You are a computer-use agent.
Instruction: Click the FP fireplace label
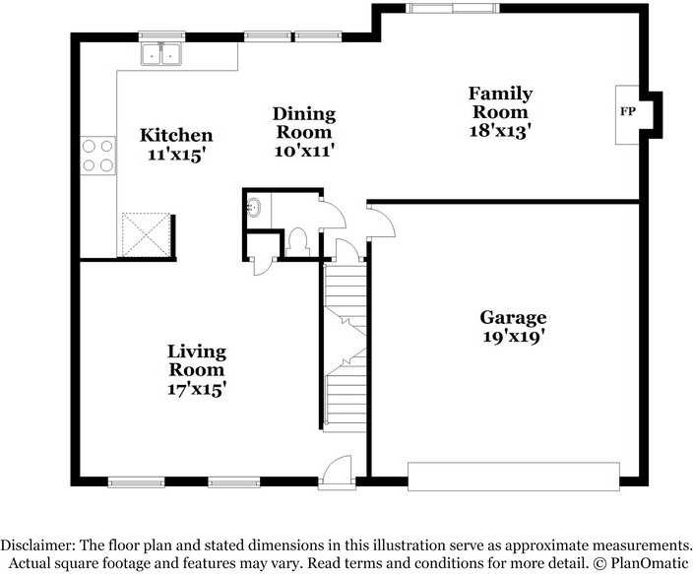628,111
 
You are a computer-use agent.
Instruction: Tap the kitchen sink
161,53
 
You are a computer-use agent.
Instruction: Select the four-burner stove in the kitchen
98,156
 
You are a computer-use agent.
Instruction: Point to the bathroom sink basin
254,208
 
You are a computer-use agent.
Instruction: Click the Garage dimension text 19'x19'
513,337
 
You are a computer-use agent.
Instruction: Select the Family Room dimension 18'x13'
500,130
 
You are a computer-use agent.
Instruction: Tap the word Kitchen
176,135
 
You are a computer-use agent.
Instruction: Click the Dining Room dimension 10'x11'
303,151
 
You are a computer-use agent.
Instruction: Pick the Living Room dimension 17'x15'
197,389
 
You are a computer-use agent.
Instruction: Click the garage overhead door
514,477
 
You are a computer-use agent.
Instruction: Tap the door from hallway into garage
381,222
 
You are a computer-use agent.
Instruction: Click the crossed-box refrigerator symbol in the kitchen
147,234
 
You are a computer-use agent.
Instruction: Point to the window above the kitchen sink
161,36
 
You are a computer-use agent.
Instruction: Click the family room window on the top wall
452,8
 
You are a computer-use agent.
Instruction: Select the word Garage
513,318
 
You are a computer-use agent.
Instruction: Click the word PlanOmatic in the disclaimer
650,563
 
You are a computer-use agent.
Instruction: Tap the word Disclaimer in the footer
38,544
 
